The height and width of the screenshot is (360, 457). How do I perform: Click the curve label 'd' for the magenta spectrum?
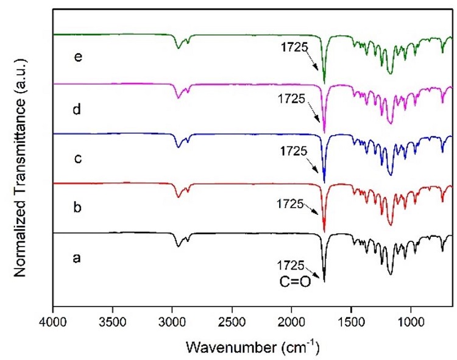click(x=77, y=110)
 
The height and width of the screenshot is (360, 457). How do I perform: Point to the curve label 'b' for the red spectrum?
click(x=77, y=208)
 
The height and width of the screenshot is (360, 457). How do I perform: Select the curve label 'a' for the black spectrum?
click(x=77, y=258)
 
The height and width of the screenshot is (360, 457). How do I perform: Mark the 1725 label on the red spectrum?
click(x=290, y=204)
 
